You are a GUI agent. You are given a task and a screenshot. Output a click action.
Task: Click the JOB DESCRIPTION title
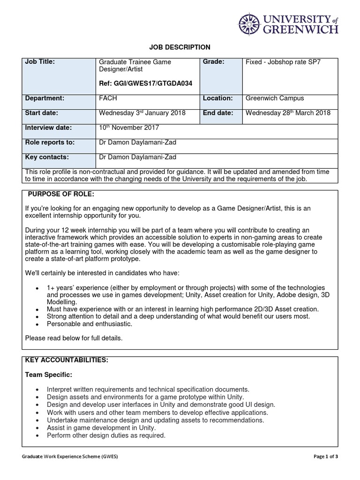tap(180, 47)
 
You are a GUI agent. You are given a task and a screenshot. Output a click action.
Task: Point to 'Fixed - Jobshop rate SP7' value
tap(283, 62)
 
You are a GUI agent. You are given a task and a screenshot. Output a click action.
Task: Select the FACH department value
tap(108, 98)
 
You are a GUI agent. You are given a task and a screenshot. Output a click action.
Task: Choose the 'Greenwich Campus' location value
tap(275, 98)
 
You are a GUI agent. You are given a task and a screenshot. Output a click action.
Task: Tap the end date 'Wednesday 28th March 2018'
tap(288, 113)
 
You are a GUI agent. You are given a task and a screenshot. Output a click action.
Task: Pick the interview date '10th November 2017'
tap(129, 127)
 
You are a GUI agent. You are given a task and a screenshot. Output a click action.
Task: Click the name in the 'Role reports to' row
tap(137, 142)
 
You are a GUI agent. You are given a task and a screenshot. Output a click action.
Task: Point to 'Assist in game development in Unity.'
tap(101, 428)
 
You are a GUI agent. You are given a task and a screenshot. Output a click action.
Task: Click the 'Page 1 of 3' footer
tap(325, 457)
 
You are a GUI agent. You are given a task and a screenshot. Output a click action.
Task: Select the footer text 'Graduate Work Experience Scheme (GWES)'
tap(70, 457)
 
